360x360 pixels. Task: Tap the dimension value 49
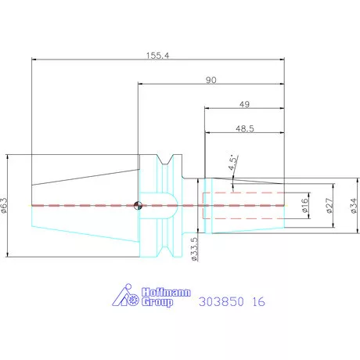245,104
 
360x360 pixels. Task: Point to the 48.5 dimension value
245,127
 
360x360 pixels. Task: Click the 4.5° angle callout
232,162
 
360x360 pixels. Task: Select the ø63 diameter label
5,205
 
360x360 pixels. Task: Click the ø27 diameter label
329,205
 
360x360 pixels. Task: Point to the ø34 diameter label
353,205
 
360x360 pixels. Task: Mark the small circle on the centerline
138,206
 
